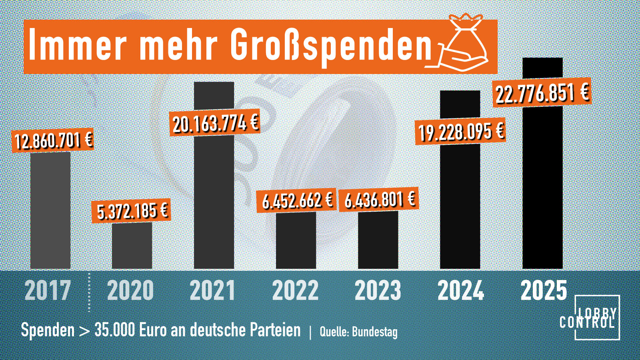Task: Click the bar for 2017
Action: coord(50,210)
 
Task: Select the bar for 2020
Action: coord(132,246)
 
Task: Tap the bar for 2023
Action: coord(378,240)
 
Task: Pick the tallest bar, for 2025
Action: coord(542,180)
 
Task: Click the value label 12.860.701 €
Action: coord(53,140)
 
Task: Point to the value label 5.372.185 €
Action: coord(132,211)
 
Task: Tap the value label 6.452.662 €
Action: coord(297,200)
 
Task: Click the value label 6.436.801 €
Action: coord(379,199)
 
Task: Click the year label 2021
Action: coord(212,290)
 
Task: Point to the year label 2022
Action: coord(295,290)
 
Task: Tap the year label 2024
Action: coord(461,290)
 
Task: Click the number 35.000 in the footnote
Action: coord(114,330)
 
